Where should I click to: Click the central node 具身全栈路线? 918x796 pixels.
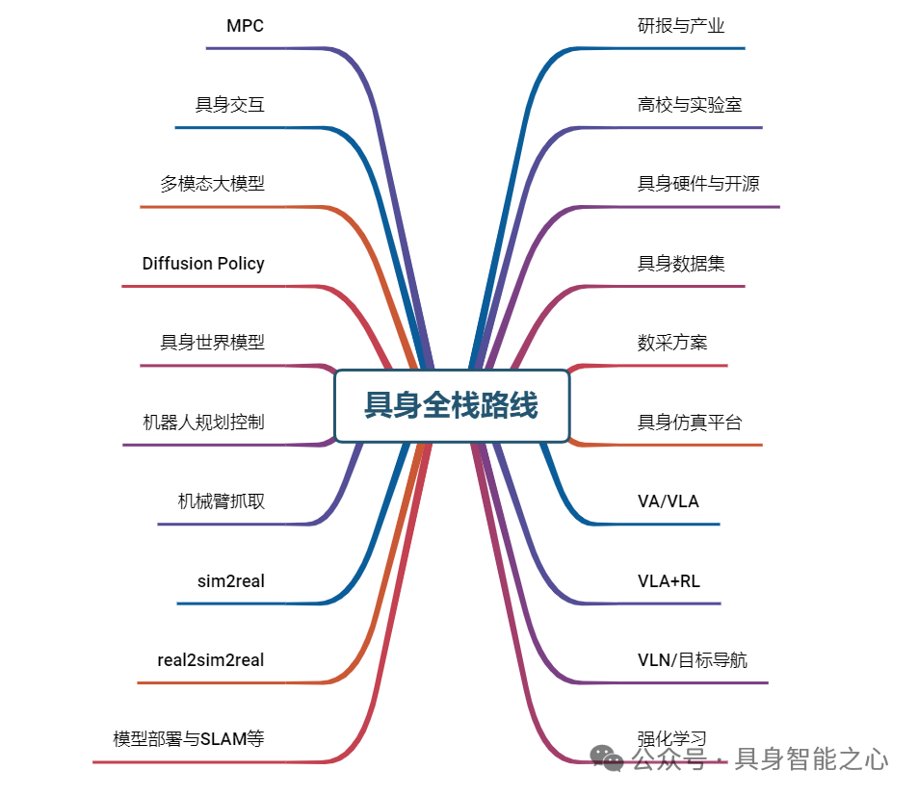coord(451,405)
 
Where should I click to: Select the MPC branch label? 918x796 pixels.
coord(245,26)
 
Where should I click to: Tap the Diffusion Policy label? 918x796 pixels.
coord(203,264)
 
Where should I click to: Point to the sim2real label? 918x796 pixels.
coord(230,581)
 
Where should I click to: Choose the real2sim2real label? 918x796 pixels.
coord(211,660)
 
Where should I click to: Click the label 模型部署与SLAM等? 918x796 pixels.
coord(189,739)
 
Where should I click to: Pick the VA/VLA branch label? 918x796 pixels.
coord(669,501)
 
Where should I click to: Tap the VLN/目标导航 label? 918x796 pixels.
coord(692,660)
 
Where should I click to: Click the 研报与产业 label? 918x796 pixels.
coord(681,26)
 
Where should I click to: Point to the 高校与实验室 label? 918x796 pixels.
coord(690,105)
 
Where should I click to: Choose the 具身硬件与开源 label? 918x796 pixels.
coord(698,184)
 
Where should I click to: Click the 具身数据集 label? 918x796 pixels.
coord(681,264)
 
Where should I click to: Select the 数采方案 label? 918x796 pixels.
coord(672,343)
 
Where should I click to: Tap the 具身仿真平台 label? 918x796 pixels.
coord(690,422)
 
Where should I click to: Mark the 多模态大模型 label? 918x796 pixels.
coord(212,184)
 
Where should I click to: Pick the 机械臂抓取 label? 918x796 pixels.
coord(221,501)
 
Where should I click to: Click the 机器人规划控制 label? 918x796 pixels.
coord(203,422)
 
